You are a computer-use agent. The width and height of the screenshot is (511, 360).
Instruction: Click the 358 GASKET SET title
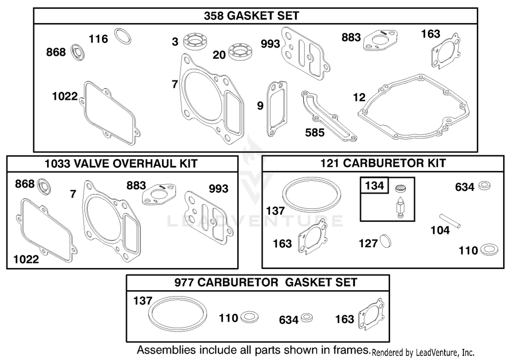pos(251,16)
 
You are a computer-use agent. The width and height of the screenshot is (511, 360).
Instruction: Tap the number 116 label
pos(98,39)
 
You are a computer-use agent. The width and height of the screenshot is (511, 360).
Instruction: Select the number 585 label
pos(315,133)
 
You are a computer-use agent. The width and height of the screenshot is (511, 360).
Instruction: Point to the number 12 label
pos(359,97)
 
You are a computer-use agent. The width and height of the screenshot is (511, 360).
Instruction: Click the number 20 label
pos(219,55)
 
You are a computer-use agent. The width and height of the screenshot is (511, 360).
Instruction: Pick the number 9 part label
pos(260,106)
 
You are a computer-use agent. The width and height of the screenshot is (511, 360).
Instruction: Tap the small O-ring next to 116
pos(123,36)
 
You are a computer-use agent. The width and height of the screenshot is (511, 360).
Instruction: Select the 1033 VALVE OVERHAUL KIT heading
pos(121,164)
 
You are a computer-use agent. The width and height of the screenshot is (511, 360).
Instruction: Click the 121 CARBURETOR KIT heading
pos(383,163)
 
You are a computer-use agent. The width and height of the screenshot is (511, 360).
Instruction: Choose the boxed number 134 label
pos(374,185)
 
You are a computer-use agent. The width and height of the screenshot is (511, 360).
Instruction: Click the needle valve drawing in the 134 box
pos(400,207)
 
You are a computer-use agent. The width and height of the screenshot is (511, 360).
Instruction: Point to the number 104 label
pos(440,230)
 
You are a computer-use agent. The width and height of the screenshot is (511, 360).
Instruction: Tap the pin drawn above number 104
pos(450,221)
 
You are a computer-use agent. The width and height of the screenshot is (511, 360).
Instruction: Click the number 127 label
pos(368,243)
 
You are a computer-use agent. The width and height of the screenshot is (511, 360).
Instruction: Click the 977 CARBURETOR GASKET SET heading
pos(266,282)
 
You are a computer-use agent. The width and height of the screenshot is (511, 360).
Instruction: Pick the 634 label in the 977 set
pos(289,320)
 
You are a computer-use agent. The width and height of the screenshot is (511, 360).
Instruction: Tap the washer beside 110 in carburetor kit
pos(489,250)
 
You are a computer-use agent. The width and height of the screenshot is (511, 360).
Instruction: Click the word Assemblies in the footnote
pos(166,350)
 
